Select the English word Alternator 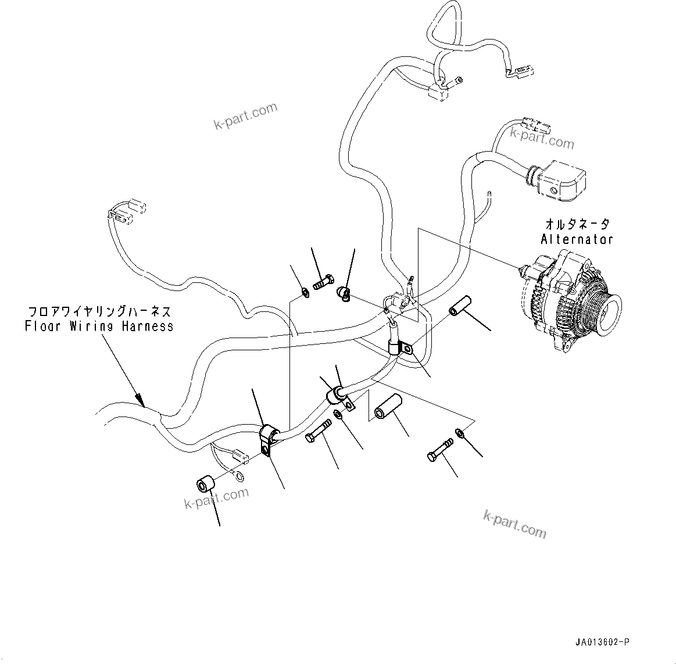[x=577, y=239]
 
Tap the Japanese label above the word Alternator [x=577, y=224]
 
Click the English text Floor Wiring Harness [x=99, y=326]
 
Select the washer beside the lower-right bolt [x=460, y=432]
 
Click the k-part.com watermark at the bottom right [x=515, y=523]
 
